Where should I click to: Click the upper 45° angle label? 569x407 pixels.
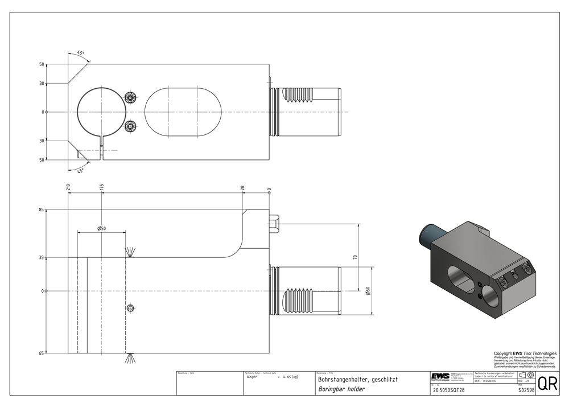click(81, 52)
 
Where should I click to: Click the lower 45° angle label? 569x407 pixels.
click(81, 170)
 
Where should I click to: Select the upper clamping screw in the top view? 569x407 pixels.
click(131, 98)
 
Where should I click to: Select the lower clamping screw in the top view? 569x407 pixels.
click(131, 125)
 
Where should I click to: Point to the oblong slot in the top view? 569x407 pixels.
click(183, 112)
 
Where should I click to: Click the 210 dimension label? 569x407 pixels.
click(68, 187)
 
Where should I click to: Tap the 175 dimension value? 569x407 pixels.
click(101, 187)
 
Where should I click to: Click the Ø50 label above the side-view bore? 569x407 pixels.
click(102, 228)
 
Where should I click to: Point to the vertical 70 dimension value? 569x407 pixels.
click(355, 257)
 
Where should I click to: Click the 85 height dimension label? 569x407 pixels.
click(42, 210)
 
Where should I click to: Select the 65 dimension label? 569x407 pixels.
click(42, 353)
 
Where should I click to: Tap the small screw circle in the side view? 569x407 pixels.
click(131, 308)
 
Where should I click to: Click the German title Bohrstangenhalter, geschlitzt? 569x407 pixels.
click(357, 379)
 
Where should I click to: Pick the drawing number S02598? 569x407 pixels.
click(526, 390)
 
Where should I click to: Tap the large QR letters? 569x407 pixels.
click(547, 384)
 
